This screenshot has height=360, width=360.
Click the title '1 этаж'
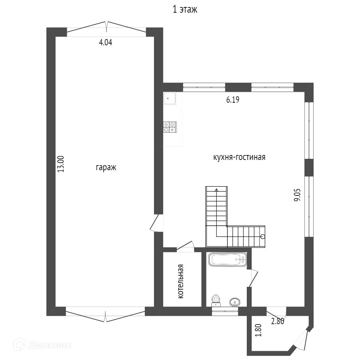(185, 9)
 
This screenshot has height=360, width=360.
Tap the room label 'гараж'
(106, 168)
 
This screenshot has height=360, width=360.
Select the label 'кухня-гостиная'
(239, 157)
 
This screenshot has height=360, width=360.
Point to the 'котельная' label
(181, 281)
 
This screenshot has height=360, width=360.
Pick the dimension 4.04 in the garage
(105, 43)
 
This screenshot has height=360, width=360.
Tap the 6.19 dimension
(233, 99)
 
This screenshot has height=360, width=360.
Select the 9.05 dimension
(297, 195)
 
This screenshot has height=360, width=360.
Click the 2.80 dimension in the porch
(278, 321)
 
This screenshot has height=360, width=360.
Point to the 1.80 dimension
(258, 330)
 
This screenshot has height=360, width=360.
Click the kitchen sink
(169, 98)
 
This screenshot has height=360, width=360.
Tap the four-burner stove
(170, 127)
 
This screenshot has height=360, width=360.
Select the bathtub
(227, 260)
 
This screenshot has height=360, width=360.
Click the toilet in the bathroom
(216, 301)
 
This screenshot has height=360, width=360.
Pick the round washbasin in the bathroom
(235, 302)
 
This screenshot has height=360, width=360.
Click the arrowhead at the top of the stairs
(216, 190)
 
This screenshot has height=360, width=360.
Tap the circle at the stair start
(263, 236)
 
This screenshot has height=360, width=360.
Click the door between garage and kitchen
(155, 223)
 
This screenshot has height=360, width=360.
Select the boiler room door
(185, 246)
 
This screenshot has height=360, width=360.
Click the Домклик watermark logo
(42, 345)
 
